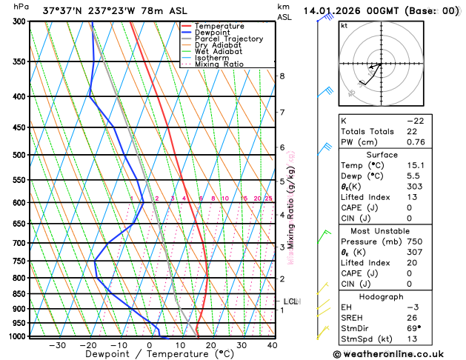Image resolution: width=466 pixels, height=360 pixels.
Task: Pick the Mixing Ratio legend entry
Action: pyautogui.click(x=219, y=64)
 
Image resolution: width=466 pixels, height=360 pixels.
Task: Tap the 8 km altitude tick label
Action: pyautogui.click(x=282, y=76)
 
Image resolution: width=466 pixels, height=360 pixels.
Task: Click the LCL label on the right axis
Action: pyautogui.click(x=290, y=301)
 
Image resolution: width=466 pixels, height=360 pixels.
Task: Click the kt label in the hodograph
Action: pyautogui.click(x=343, y=25)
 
